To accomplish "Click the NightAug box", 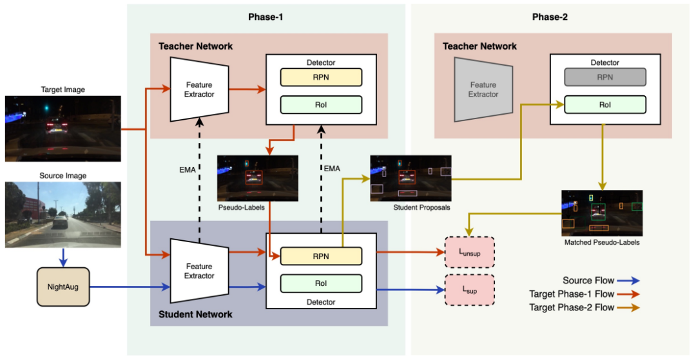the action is point(63,287).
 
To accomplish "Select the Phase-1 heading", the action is point(266,17).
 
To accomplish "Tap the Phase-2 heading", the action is point(550,17).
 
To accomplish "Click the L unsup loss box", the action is point(470,252).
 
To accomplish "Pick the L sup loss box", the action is point(470,290).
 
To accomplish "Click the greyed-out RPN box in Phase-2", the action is point(605,77).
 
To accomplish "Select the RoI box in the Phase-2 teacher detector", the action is point(605,104).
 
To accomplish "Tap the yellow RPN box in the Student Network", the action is point(321,256).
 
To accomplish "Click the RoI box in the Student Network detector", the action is point(321,283).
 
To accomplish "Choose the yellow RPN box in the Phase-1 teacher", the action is point(321,77).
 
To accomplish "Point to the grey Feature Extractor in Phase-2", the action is point(483,90).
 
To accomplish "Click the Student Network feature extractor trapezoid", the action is point(199,271).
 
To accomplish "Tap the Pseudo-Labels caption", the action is point(242,207).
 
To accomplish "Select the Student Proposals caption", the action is point(421,207).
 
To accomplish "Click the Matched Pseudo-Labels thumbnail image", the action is point(602,213).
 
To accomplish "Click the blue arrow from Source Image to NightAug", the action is point(63,257).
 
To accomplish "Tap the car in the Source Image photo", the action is point(61,221).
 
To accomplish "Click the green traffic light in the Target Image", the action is point(46,108).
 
